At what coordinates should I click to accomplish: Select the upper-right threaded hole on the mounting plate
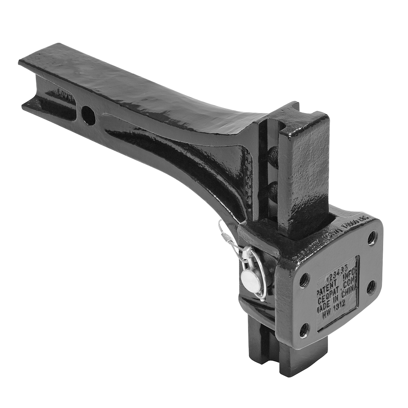point(372,238)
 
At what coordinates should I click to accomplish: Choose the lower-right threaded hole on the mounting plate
point(371,287)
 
